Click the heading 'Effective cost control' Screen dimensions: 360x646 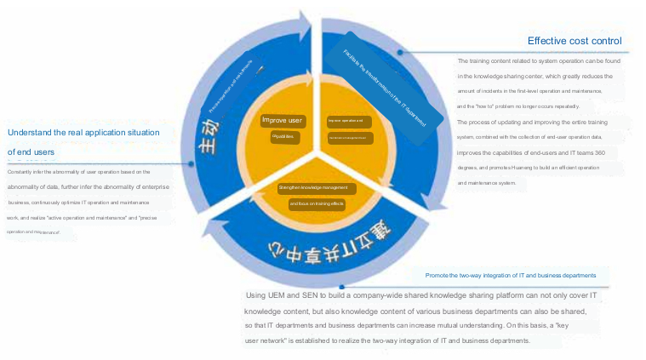574,41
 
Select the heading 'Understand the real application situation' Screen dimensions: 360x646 83,133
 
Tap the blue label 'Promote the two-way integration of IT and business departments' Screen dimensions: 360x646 517,276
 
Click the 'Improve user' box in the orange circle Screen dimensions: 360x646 283,120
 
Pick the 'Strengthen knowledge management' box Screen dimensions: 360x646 313,187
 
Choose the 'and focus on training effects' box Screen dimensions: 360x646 316,203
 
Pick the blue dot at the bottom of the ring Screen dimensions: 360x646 341,285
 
